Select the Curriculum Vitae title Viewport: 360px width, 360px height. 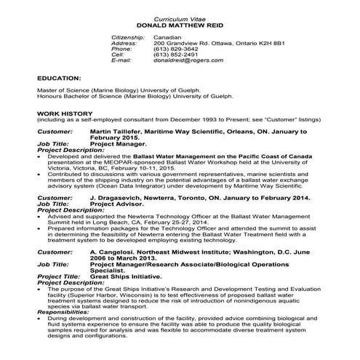[180, 17]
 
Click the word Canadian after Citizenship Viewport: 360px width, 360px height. [168, 36]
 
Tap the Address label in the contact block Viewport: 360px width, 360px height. [124, 42]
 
